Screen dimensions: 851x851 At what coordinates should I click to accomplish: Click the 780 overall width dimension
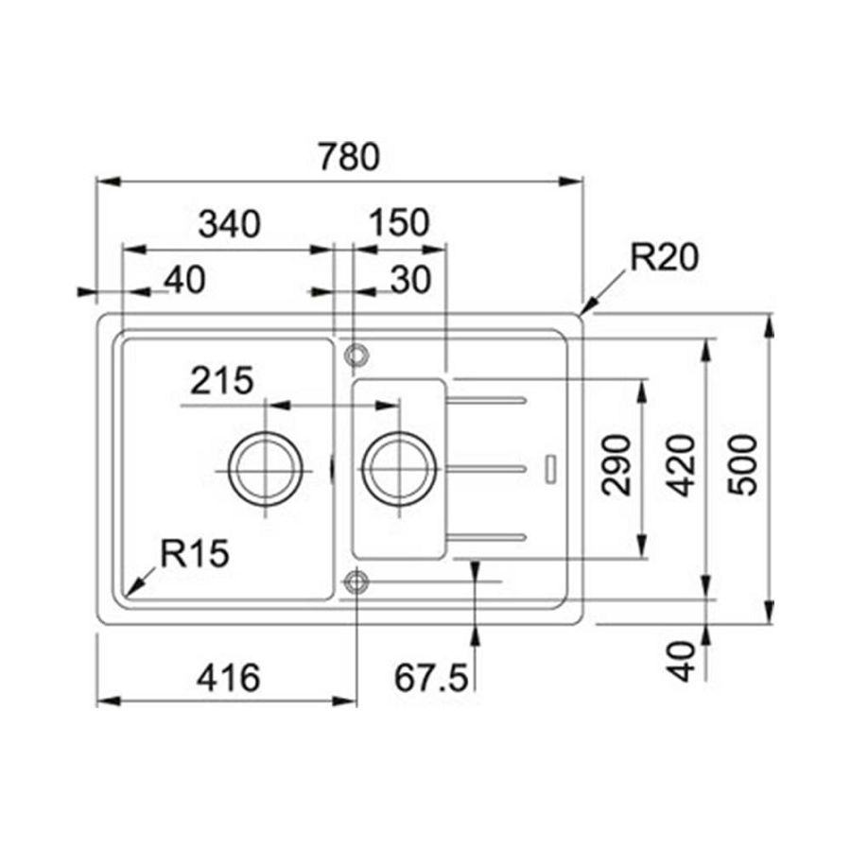click(x=347, y=156)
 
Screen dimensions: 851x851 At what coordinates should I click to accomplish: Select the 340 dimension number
click(x=228, y=224)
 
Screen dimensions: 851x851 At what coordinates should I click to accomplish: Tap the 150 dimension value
click(x=399, y=224)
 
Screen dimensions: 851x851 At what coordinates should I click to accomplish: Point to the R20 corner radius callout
click(x=664, y=257)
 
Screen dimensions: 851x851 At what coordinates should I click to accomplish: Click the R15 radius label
click(x=194, y=554)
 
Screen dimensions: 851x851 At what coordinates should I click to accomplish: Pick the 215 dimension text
click(x=221, y=381)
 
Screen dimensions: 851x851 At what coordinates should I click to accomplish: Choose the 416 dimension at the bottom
click(x=228, y=677)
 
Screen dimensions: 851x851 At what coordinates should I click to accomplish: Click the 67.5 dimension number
click(x=431, y=677)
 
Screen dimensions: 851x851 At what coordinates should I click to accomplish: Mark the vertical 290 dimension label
click(x=617, y=466)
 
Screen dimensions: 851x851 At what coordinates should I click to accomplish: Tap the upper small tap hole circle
click(x=356, y=355)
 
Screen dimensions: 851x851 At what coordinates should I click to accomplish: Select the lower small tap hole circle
click(x=356, y=582)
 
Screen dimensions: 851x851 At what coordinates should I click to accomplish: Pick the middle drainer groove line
click(x=486, y=468)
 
